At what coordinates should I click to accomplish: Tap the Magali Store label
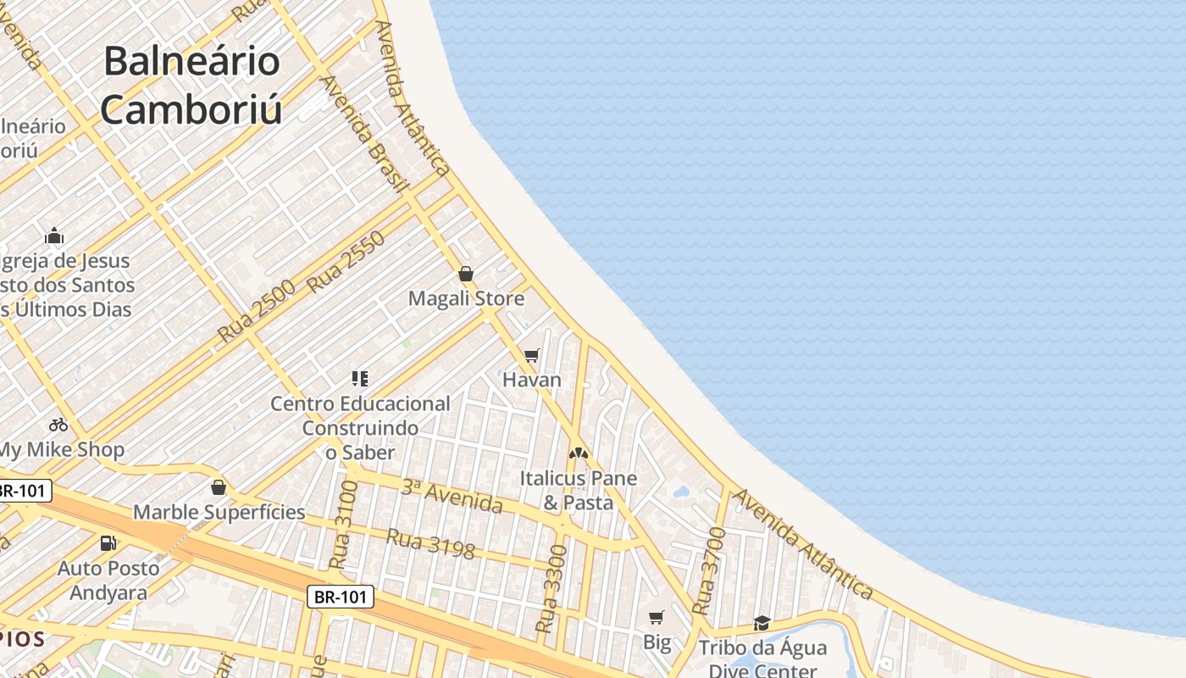pyautogui.click(x=466, y=298)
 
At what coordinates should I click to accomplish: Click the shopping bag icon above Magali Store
pyautogui.click(x=465, y=273)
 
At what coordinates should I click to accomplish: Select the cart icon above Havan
pyautogui.click(x=532, y=355)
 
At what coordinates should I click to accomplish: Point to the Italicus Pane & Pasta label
pyautogui.click(x=579, y=490)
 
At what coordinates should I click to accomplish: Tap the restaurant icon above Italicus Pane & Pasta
pyautogui.click(x=579, y=453)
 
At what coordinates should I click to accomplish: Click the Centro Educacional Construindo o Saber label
pyautogui.click(x=360, y=428)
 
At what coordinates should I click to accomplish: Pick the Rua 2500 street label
pyautogui.click(x=256, y=310)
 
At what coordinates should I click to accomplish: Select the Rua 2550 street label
pyautogui.click(x=346, y=262)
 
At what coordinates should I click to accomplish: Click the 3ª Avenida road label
pyautogui.click(x=452, y=497)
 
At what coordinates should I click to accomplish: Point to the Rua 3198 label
pyautogui.click(x=430, y=543)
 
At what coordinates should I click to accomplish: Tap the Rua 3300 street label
pyautogui.click(x=551, y=589)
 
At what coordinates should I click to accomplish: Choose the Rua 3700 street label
pyautogui.click(x=709, y=570)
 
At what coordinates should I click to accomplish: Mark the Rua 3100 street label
pyautogui.click(x=343, y=525)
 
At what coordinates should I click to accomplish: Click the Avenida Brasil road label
pyautogui.click(x=365, y=134)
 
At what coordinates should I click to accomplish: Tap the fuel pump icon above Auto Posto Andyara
pyautogui.click(x=108, y=543)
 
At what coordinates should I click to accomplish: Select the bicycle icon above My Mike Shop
pyautogui.click(x=58, y=424)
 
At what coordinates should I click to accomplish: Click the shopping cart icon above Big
pyautogui.click(x=657, y=617)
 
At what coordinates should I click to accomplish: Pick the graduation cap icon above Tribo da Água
pyautogui.click(x=762, y=624)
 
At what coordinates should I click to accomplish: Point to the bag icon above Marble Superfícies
pyautogui.click(x=219, y=487)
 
